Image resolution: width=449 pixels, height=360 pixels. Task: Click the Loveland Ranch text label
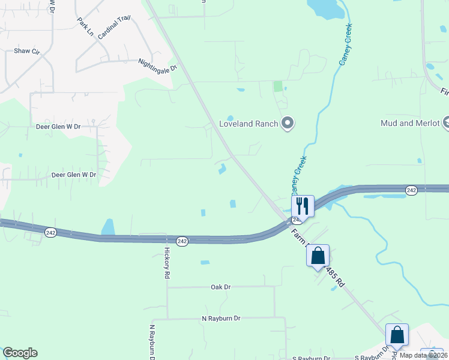pos(249,124)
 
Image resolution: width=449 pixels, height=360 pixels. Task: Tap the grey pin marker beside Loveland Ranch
pos(288,124)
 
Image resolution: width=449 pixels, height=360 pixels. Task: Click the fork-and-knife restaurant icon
pos(303,206)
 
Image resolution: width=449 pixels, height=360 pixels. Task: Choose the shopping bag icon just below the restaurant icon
pos(318,256)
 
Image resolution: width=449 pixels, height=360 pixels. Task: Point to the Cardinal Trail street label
pos(114,28)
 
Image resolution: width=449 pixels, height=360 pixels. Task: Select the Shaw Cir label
pos(26,52)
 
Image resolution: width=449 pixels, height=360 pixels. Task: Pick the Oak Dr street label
pos(221,287)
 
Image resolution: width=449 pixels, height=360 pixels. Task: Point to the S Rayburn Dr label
pos(312,358)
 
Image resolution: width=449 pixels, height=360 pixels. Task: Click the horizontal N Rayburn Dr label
pos(220,318)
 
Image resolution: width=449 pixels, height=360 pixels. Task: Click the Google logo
pos(20,353)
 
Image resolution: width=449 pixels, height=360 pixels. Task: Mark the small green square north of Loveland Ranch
pos(277,86)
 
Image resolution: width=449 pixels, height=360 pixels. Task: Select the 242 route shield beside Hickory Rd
pos(183,241)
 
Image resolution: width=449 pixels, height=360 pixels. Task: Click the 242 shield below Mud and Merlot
pos(411,190)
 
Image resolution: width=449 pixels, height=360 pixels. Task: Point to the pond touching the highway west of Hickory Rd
pos(108,227)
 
